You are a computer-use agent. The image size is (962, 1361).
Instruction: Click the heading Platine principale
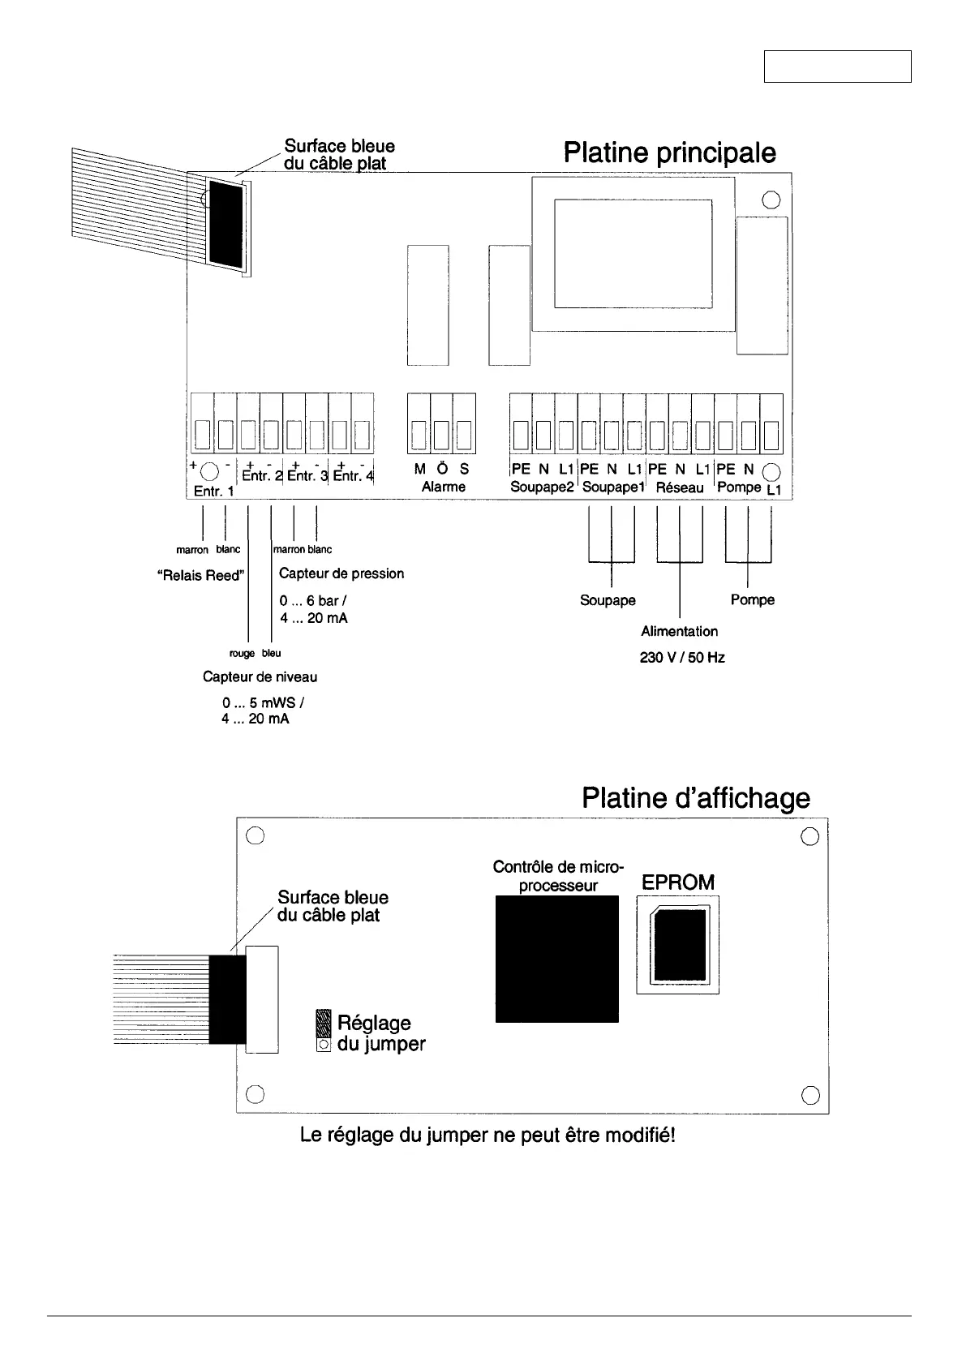(669, 153)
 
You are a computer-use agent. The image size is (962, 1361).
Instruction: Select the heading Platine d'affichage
(695, 798)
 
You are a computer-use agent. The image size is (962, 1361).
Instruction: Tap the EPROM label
(678, 882)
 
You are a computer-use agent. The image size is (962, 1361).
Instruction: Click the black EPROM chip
(678, 945)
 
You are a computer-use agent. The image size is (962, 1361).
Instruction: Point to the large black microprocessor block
(556, 959)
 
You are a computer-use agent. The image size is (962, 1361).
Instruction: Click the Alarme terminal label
(443, 487)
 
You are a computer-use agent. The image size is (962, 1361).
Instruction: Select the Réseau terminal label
(680, 487)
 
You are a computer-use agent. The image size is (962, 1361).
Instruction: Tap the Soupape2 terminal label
(542, 487)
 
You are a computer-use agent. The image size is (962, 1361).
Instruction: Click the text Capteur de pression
(341, 573)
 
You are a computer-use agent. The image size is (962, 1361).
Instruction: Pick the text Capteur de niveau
(260, 676)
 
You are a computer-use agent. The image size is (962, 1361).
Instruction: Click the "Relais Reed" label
(199, 576)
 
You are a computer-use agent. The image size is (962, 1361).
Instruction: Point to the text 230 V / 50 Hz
(682, 658)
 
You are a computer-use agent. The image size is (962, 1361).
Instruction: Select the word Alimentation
(679, 631)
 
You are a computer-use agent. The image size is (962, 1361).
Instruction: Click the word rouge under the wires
(242, 654)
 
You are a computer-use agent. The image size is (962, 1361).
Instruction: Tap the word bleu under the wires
(272, 654)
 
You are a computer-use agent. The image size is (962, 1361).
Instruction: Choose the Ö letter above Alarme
(442, 469)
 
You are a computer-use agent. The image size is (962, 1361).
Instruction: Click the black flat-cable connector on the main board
(225, 223)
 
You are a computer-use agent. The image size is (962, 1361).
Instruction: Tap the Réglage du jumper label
(380, 1033)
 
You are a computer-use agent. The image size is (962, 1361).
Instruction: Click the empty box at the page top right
(837, 66)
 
